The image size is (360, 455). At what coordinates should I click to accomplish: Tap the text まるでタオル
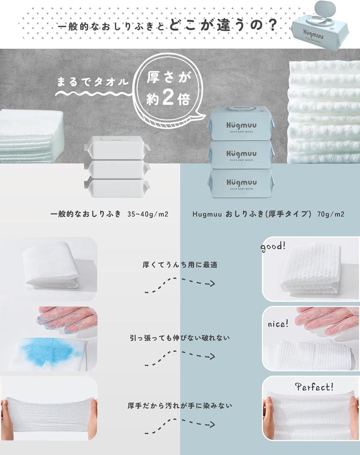93,82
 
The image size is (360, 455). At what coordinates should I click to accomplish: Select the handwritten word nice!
278,323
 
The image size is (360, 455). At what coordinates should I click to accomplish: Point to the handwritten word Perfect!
314,387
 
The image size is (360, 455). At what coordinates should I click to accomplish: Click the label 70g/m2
331,214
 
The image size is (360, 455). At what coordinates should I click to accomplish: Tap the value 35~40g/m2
148,214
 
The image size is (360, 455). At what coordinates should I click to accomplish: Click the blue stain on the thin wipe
49,351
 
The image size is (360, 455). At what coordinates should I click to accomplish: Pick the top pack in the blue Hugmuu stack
241,124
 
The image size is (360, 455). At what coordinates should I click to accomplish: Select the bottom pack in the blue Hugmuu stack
241,183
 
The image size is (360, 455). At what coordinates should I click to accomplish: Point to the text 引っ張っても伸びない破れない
180,338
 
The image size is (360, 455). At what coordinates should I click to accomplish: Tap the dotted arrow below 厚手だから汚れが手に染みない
180,427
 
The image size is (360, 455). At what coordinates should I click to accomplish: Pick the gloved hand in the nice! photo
326,320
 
